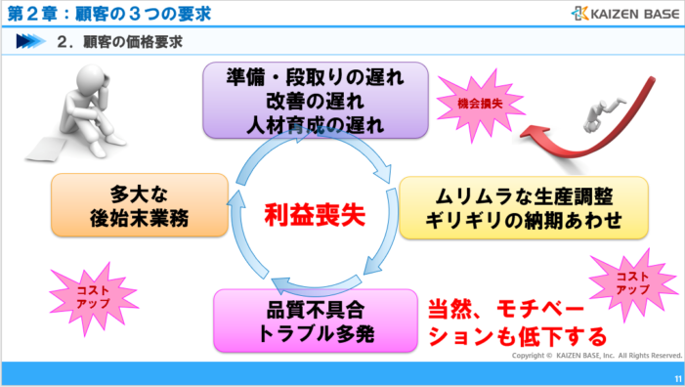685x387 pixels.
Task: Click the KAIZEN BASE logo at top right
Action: pos(621,14)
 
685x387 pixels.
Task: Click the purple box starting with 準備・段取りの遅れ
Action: pos(315,99)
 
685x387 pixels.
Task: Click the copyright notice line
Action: pos(597,356)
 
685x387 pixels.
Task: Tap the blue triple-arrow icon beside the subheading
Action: pos(30,42)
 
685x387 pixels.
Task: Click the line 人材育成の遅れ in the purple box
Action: pos(315,123)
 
